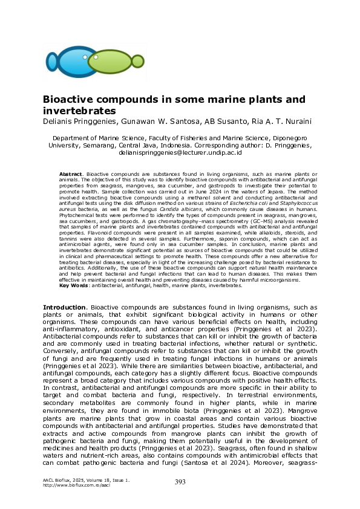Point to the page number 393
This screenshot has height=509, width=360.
tap(180, 482)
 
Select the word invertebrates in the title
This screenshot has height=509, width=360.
tap(79, 111)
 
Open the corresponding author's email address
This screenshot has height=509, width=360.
tap(180, 154)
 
